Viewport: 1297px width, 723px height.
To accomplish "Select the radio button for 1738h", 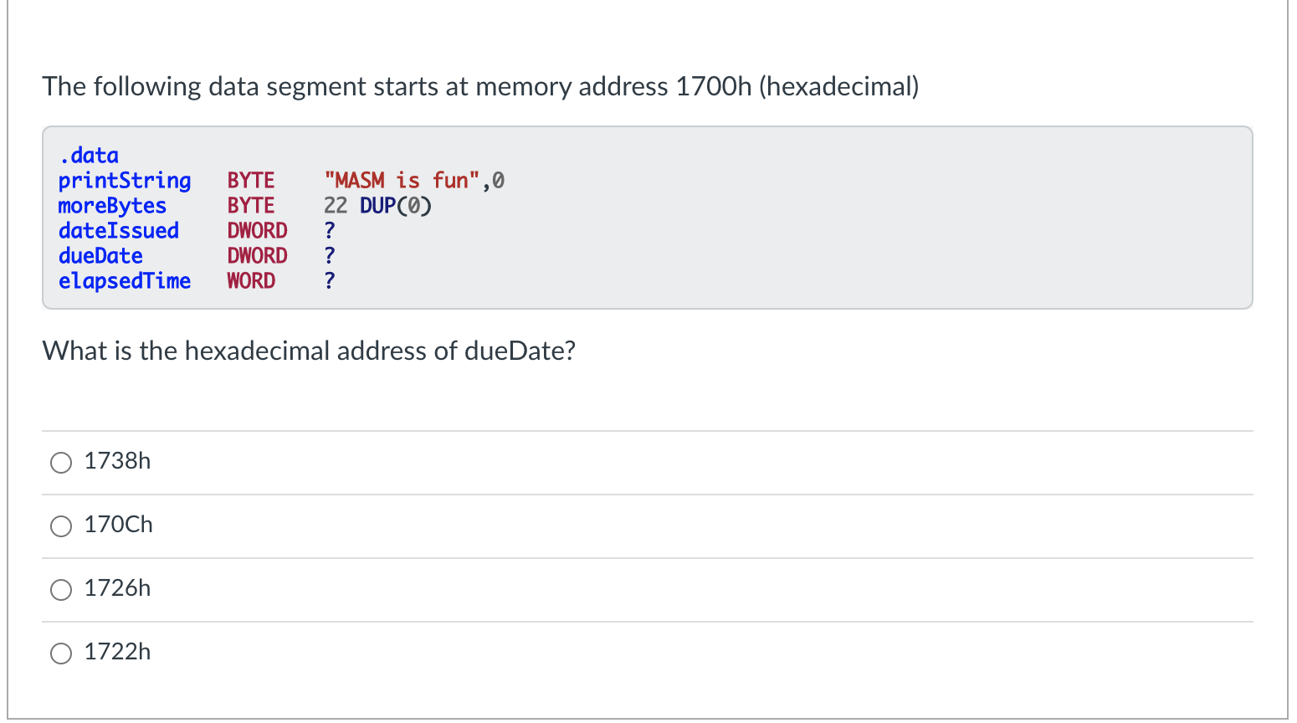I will (x=61, y=463).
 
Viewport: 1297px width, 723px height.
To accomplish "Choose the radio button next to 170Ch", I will (x=61, y=526).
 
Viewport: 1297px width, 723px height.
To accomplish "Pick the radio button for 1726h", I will (x=61, y=590).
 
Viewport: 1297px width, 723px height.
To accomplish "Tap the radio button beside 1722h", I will (x=61, y=654).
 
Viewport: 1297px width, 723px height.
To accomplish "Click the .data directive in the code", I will (x=89, y=156).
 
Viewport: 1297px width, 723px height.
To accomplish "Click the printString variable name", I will (x=125, y=181).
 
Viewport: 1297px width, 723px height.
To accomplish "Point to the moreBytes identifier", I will (x=112, y=206).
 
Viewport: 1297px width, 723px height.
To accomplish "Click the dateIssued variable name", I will (x=118, y=231).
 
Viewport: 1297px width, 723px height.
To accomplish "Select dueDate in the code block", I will (x=100, y=256).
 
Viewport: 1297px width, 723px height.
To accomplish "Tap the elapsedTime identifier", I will (x=125, y=281).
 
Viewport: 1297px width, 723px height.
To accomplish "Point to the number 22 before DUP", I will (x=336, y=206).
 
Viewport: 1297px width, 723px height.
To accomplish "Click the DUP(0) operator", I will (x=396, y=206).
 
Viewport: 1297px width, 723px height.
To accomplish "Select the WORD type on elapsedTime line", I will (x=251, y=281).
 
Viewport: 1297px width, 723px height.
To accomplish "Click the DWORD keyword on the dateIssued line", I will (x=257, y=231).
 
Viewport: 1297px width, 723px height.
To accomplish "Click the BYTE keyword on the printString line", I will (x=251, y=181).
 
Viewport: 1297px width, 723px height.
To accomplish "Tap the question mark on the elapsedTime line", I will (x=330, y=281).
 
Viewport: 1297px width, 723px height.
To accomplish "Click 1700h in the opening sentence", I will (x=713, y=87).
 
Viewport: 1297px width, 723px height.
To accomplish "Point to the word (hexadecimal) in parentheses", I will (x=838, y=87).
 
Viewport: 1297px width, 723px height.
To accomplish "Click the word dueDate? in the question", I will (x=520, y=351).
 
